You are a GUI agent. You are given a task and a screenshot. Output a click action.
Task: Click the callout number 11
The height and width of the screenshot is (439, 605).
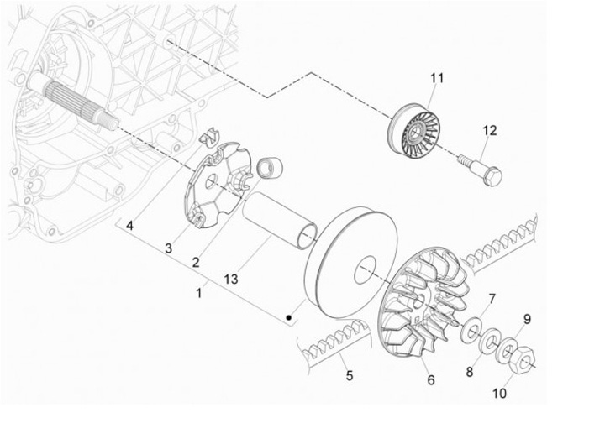point(436,78)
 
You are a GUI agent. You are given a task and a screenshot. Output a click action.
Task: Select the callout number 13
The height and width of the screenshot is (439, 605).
point(229,276)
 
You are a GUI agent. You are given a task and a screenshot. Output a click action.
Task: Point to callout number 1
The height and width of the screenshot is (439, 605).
point(199,294)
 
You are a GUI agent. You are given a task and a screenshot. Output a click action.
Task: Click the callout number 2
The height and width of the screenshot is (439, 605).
point(195,262)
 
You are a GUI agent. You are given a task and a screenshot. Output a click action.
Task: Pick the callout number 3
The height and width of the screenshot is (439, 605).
point(168,248)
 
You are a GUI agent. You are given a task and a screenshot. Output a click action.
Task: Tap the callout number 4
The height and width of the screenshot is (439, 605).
point(130,227)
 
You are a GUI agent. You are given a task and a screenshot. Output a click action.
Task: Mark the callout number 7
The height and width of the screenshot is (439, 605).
point(493,299)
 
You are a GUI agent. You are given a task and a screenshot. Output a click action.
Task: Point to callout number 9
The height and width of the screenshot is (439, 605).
point(528,319)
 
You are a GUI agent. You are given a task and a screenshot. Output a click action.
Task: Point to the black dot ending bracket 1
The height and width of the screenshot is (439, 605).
point(288,318)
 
